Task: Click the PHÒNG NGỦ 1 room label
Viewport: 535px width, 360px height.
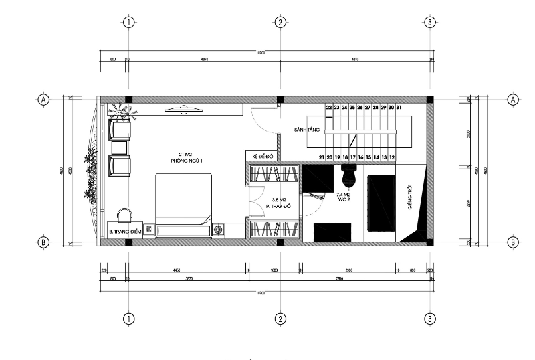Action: coord(187,161)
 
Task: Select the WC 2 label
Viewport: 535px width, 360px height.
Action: coord(344,199)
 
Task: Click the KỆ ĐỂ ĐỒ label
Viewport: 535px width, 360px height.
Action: coord(263,156)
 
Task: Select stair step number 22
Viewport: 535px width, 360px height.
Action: coord(329,107)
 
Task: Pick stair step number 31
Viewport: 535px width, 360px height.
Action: coord(399,107)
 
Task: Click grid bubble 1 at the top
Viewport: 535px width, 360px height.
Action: coord(129,22)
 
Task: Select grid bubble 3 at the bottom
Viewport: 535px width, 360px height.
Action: coord(430,319)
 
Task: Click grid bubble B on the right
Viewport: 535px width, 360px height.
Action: coord(513,242)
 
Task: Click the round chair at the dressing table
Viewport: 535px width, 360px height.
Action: coord(124,214)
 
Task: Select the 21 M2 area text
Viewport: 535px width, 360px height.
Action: coord(187,155)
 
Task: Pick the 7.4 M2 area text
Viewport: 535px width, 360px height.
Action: coord(344,194)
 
